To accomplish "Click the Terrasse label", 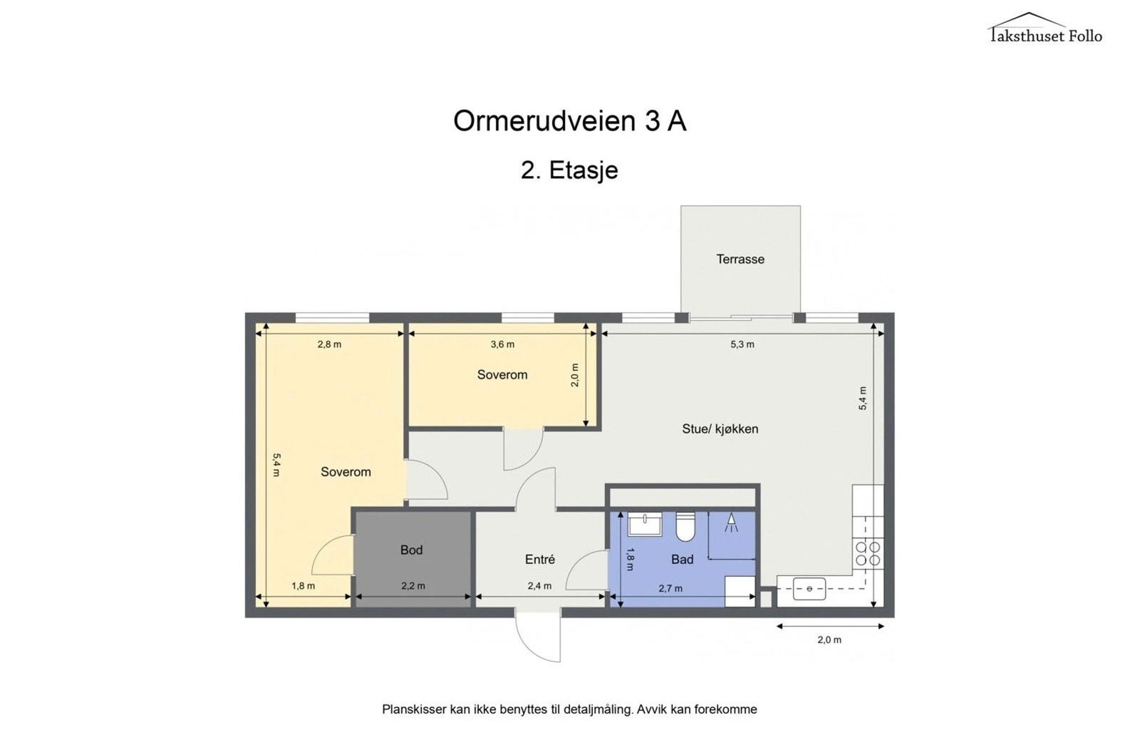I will pos(740,259).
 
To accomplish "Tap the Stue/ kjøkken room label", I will pos(720,429).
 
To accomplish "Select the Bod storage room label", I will pos(411,550).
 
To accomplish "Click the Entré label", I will pos(539,560).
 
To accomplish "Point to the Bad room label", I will pos(682,560).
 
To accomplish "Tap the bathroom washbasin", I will pos(645,524).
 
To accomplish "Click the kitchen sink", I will pos(809,589).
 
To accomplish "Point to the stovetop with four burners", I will pos(867,554).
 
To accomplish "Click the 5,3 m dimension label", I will pos(742,344).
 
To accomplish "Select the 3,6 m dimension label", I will pos(502,344).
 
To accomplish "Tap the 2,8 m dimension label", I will pos(329,344).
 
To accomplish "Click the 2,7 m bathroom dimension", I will pos(670,588).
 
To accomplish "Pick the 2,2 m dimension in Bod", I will pos(413,586).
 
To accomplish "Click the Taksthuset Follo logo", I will pos(1045,29).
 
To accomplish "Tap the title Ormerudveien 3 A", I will pos(569,121).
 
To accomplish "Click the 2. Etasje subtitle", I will pos(569,170).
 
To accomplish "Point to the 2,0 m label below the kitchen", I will pos(829,639).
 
